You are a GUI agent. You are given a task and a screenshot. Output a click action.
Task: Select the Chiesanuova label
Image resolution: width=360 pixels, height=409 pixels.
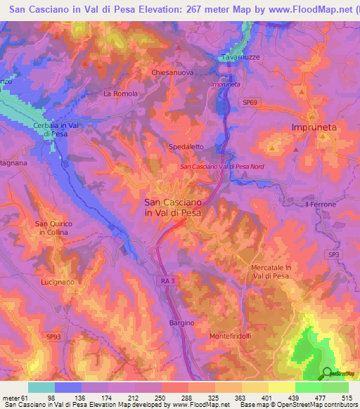[x=172, y=72]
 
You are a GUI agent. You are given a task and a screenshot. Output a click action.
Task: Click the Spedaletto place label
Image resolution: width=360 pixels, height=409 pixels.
[x=186, y=147]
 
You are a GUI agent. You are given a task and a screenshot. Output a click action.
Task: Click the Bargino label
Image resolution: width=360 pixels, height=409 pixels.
[x=181, y=322]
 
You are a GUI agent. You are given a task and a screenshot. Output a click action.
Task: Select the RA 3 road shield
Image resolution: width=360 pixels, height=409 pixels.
[x=165, y=280]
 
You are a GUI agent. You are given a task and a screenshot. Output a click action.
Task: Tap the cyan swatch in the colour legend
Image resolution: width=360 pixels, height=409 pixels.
[x=41, y=387]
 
